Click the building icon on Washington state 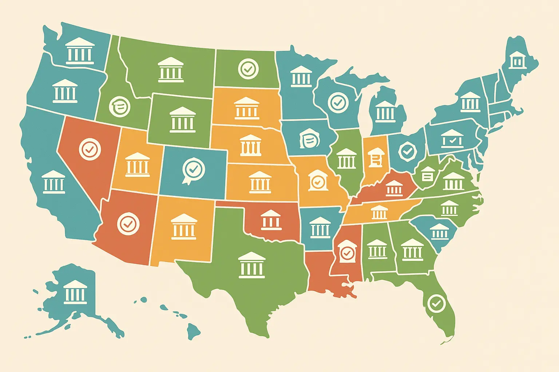tap(80, 51)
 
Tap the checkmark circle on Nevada tap(90, 149)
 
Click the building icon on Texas tap(251, 265)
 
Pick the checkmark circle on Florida tap(436, 303)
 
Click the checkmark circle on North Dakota tap(249, 68)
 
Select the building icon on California tap(53, 182)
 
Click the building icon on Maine tap(517, 60)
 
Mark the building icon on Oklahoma tap(271, 220)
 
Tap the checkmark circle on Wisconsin tap(338, 102)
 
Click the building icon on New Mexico tap(183, 227)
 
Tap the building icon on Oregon tap(65, 91)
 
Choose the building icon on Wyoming tap(182, 120)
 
